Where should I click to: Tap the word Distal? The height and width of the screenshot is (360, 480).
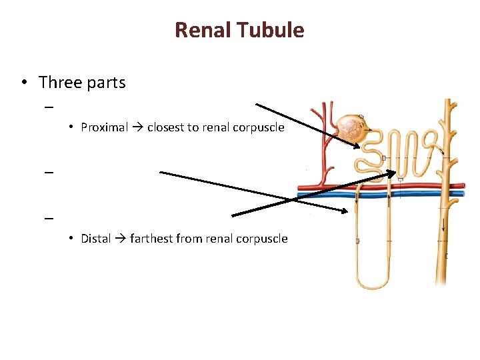(95, 239)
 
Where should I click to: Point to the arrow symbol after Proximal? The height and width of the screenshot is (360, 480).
(137, 127)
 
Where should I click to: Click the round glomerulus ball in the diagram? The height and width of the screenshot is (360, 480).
(349, 129)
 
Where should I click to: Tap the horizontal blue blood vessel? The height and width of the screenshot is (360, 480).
(380, 195)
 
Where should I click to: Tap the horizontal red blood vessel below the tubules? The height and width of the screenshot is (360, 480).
(380, 186)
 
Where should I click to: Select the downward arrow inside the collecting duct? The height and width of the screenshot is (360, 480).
(443, 227)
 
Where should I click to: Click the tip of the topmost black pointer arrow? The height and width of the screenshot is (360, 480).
(361, 147)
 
